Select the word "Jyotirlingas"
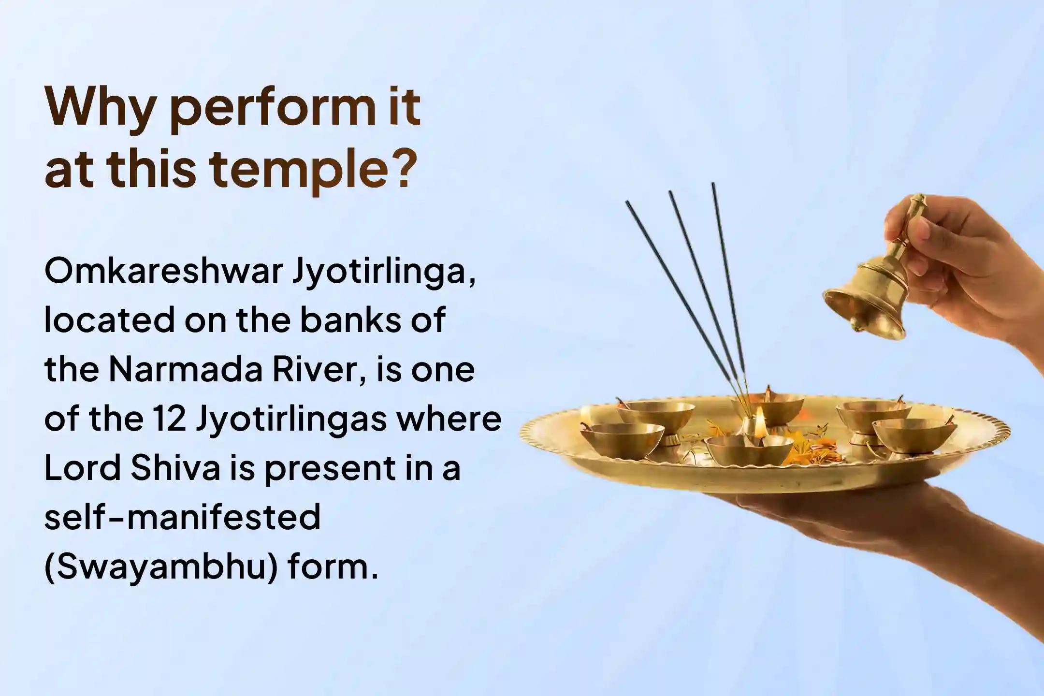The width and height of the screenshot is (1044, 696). [x=291, y=420]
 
